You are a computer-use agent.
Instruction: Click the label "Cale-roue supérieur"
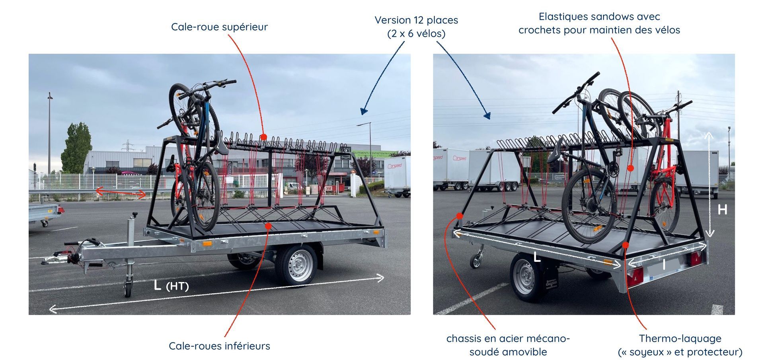point(219,27)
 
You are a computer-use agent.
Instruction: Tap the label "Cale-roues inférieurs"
point(219,346)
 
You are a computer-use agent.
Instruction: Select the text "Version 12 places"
point(416,20)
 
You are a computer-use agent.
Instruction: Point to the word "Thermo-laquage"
point(680,339)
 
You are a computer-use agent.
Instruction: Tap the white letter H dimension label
point(722,209)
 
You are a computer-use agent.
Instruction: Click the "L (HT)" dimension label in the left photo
point(171,285)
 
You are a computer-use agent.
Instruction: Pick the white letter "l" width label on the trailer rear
point(663,265)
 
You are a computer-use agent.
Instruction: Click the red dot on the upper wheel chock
point(263,137)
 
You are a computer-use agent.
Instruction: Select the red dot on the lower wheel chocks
point(268,226)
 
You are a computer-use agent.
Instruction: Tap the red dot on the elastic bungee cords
point(630,168)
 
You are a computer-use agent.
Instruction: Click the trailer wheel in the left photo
point(296,264)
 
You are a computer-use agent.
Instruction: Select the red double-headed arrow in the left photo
point(121,193)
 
